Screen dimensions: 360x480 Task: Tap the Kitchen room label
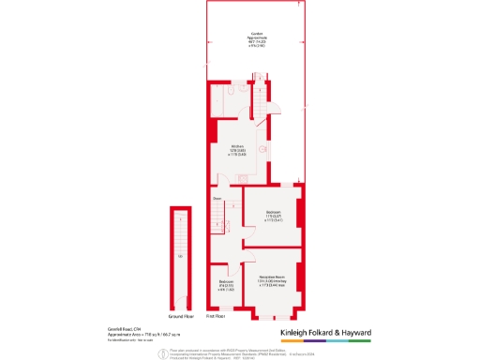(x=238, y=146)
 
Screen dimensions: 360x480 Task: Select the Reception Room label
(x=272, y=278)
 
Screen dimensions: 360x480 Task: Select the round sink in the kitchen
(x=264, y=150)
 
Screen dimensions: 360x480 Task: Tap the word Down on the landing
(x=217, y=199)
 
